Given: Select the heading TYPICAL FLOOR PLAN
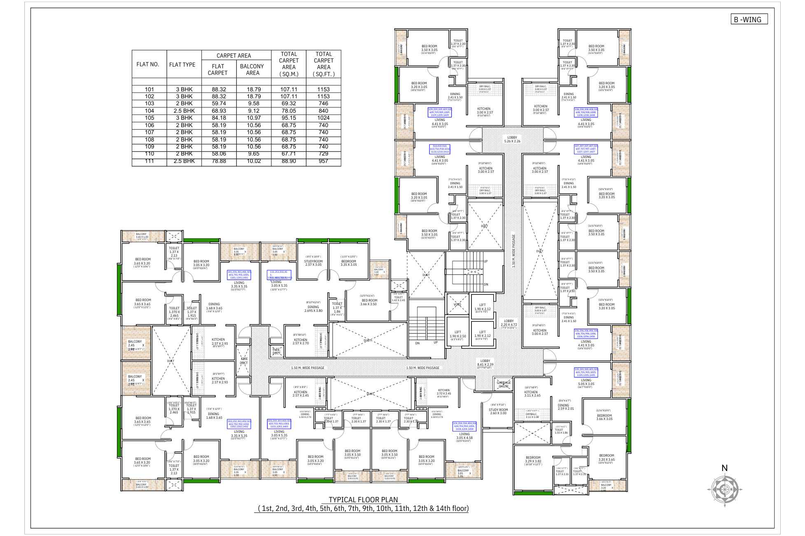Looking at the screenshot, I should (363, 500).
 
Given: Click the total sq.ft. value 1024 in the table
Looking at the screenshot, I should (323, 118).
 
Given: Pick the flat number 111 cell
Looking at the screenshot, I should (149, 161).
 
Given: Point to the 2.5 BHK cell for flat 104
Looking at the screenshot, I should (184, 111).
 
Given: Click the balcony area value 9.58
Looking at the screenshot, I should (254, 104).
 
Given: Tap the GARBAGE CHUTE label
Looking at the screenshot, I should (504, 384).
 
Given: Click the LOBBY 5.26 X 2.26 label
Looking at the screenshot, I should (512, 139).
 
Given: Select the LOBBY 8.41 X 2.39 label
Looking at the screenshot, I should (485, 362).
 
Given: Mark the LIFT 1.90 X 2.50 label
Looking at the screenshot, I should (457, 334).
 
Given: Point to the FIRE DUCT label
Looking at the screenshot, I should (244, 361).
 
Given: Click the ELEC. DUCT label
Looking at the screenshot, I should (277, 351).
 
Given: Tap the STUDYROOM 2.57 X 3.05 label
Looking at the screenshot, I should (313, 263).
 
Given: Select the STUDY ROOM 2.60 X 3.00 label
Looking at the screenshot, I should (498, 411).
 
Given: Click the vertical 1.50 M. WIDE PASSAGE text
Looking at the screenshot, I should (513, 251).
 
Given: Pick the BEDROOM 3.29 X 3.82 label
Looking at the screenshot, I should (533, 459).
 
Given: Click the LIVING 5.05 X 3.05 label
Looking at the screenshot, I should (586, 382).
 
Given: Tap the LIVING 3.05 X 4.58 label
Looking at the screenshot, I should (464, 436).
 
